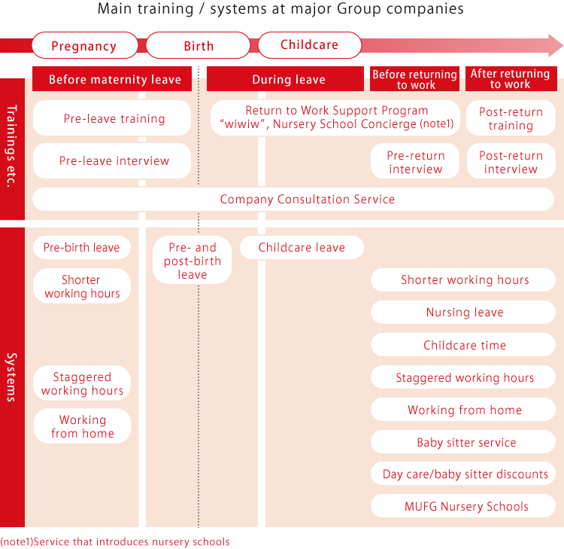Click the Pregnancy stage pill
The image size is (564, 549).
pos(85,45)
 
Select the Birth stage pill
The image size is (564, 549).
pos(199,45)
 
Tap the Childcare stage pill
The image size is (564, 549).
pos(309,45)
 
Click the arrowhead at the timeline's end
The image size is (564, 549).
pos(556,45)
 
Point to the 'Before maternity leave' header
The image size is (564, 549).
pos(112,78)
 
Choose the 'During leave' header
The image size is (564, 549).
pos(285,78)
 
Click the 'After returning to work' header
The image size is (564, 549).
pos(511,78)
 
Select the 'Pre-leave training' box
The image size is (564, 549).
pos(112,117)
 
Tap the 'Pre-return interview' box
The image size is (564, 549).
pos(415,161)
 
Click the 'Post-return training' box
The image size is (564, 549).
pos(511,117)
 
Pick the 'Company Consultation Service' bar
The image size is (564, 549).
pos(293,200)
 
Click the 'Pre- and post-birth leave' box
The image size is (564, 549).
pos(192,260)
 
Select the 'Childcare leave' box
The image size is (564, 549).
pos(302,247)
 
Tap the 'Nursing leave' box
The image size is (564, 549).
pos(463,312)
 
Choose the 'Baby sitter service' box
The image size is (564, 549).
pos(463,441)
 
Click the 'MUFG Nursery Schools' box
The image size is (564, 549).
pos(463,506)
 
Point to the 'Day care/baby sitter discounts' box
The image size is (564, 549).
pos(463,474)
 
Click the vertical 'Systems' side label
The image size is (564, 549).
pos(12,377)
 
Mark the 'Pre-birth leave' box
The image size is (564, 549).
pos(82,247)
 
